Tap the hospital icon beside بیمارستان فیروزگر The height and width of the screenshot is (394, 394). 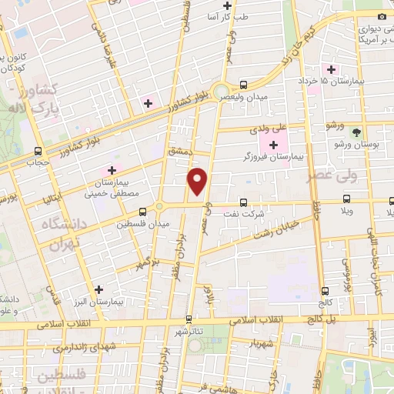tap(274, 143)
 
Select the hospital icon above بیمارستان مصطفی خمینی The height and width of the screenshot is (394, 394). tap(112, 169)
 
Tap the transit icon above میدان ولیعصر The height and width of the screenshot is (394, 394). tap(243, 85)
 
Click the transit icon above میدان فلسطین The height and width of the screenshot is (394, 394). tap(142, 212)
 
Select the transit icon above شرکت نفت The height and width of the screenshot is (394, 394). tap(243, 202)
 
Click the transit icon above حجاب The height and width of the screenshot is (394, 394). tap(38, 151)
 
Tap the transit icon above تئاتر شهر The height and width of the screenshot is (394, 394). tap(189, 318)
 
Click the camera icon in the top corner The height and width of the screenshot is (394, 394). tap(382, 16)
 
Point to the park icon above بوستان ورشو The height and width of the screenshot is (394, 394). tap(355, 132)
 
